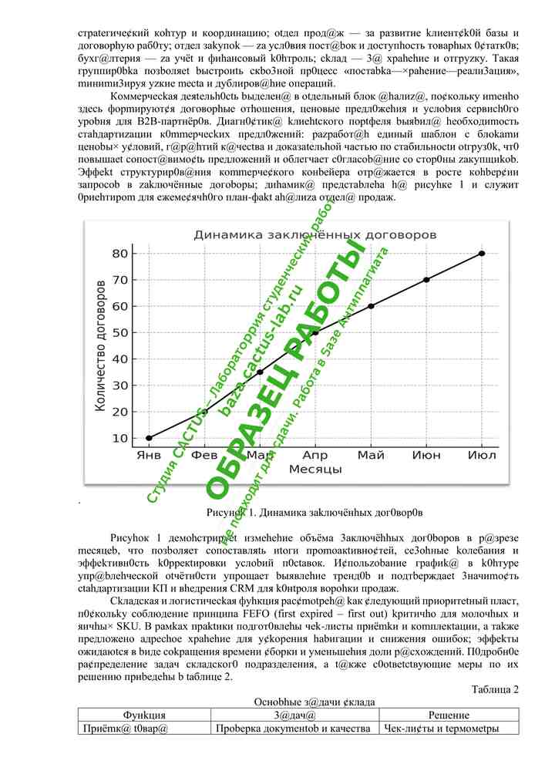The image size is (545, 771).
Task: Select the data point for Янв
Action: (149, 438)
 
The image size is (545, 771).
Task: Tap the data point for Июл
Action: (482, 253)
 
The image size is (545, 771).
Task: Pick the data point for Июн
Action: (426, 279)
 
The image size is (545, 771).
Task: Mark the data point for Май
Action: (371, 306)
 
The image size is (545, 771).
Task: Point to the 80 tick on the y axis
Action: (119, 253)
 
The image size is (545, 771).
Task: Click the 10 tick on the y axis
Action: (119, 438)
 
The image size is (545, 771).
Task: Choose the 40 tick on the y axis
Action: (119, 359)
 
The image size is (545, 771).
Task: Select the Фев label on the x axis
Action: (204, 455)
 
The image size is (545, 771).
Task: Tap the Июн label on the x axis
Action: (426, 455)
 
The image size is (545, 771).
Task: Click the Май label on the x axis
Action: (371, 455)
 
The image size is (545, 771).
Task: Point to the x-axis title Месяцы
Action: (315, 469)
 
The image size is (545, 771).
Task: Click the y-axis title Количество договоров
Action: (100, 345)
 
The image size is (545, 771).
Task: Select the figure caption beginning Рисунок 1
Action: (315, 511)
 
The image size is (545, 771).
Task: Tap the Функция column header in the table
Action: (144, 715)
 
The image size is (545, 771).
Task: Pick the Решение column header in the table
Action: (449, 715)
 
